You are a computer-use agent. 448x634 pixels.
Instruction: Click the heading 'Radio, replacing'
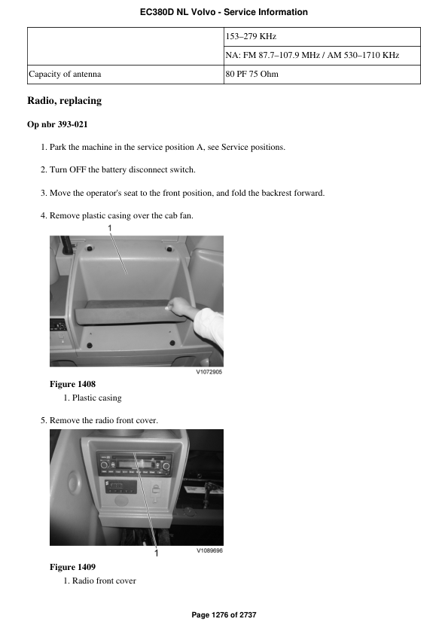tap(64, 101)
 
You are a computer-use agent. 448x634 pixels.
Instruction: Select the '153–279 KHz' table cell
tap(252, 36)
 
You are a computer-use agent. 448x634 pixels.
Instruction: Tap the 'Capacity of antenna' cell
tap(65, 75)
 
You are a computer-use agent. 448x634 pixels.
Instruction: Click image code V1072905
tap(209, 371)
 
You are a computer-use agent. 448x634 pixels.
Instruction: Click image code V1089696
tap(209, 551)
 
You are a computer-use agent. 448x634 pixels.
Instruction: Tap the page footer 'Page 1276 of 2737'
tap(224, 615)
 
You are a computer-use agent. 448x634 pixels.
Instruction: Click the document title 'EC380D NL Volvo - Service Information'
tap(224, 12)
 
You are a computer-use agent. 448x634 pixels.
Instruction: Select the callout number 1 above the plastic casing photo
tap(110, 227)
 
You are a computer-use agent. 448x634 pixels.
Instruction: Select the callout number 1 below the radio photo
tap(157, 553)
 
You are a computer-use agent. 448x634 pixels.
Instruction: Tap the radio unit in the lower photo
tap(133, 461)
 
